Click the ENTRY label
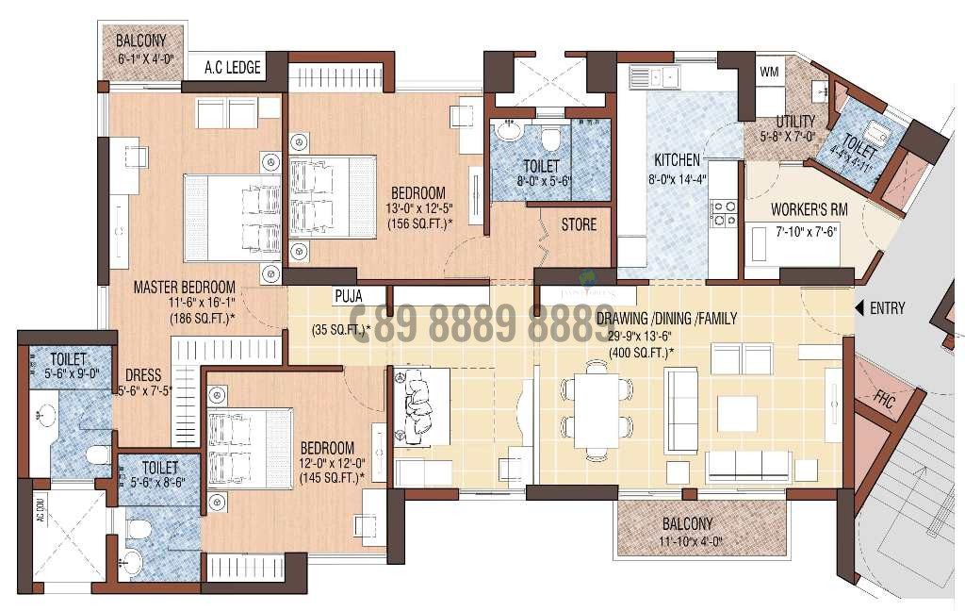pyautogui.click(x=888, y=308)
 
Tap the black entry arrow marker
pyautogui.click(x=859, y=308)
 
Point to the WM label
pyautogui.click(x=769, y=72)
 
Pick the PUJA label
pyautogui.click(x=348, y=295)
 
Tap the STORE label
pyautogui.click(x=579, y=225)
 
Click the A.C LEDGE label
pyautogui.click(x=233, y=68)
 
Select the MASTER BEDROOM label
pyautogui.click(x=184, y=287)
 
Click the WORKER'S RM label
pyautogui.click(x=805, y=209)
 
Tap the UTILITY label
pyautogui.click(x=794, y=123)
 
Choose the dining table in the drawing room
pyautogui.click(x=597, y=410)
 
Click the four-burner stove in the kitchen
pyautogui.click(x=724, y=213)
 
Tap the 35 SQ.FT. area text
pyautogui.click(x=340, y=330)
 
